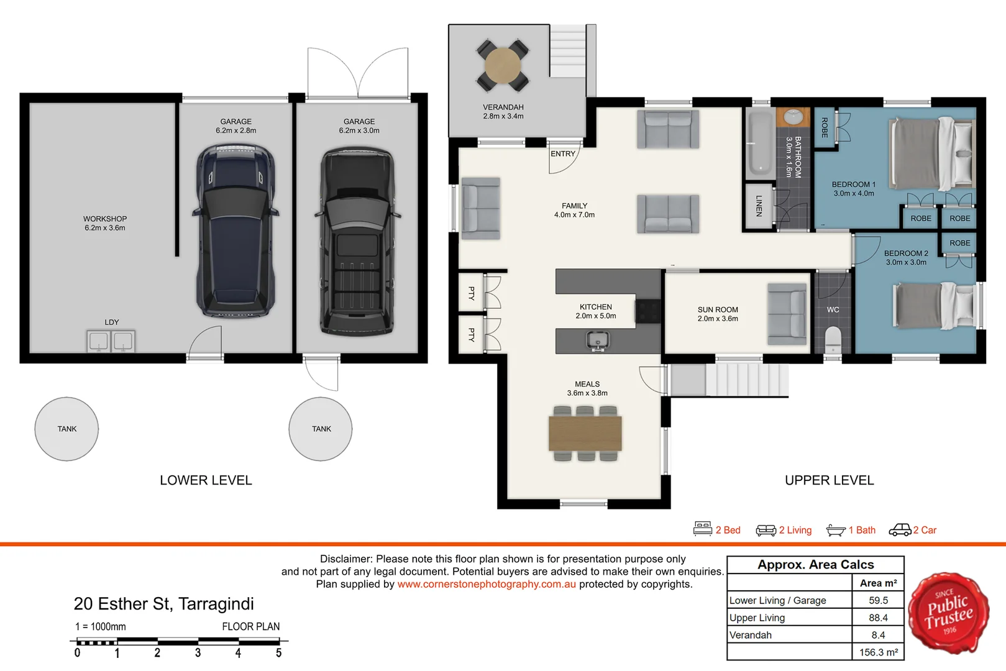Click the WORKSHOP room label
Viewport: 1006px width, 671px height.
tap(105, 219)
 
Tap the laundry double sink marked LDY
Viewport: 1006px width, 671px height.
tap(111, 341)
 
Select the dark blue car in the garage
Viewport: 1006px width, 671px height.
tap(235, 231)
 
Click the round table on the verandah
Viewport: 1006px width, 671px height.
tap(503, 66)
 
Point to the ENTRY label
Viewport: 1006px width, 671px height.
tap(563, 153)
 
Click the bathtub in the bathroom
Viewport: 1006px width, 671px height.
tap(761, 144)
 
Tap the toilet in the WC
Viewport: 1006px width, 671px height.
tap(833, 340)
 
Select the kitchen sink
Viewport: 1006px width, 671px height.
tap(597, 340)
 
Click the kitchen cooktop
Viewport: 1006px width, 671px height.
tap(647, 311)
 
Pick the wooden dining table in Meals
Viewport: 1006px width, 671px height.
tap(585, 434)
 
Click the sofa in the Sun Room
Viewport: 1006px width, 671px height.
tap(787, 314)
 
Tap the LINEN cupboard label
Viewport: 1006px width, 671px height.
tap(759, 206)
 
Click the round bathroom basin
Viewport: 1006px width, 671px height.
tap(793, 117)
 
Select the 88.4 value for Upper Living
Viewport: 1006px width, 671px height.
tap(878, 618)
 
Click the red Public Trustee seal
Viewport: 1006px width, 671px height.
tap(948, 613)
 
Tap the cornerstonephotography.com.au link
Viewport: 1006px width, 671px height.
tap(487, 584)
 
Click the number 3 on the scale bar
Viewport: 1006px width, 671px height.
tap(198, 652)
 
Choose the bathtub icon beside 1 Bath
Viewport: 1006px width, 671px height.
tap(836, 531)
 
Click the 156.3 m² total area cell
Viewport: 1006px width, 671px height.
tap(878, 652)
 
